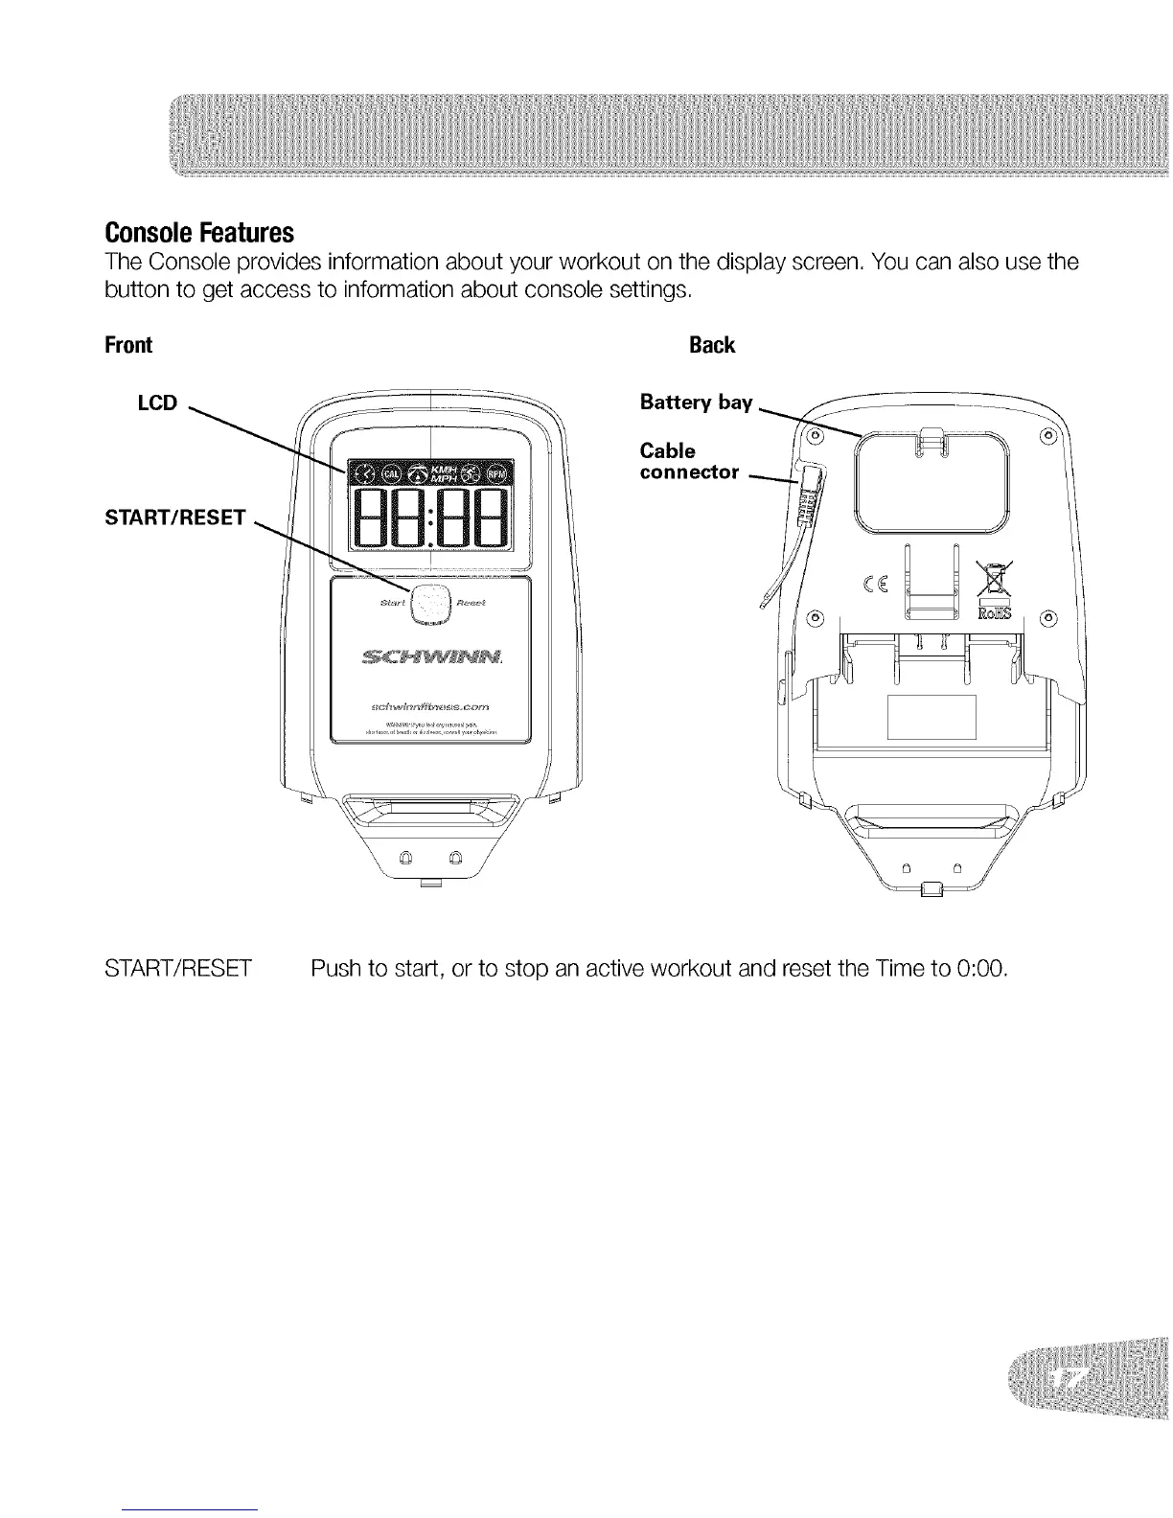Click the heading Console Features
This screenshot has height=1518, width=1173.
(198, 233)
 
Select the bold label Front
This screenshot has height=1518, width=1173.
(128, 345)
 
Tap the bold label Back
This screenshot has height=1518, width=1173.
(712, 345)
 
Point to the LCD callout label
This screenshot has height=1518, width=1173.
(158, 402)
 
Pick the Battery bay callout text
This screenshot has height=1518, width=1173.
(696, 402)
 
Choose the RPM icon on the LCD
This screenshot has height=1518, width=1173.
(498, 472)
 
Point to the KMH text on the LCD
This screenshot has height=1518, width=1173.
(446, 466)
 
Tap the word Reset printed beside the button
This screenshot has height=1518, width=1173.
(471, 603)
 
